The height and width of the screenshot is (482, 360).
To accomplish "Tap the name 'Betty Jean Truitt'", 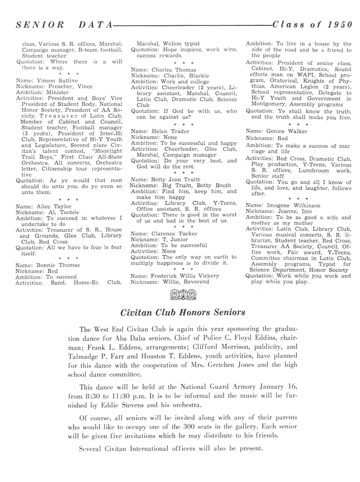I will point(178,179).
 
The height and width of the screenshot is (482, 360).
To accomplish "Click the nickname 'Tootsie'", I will point(63,211).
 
